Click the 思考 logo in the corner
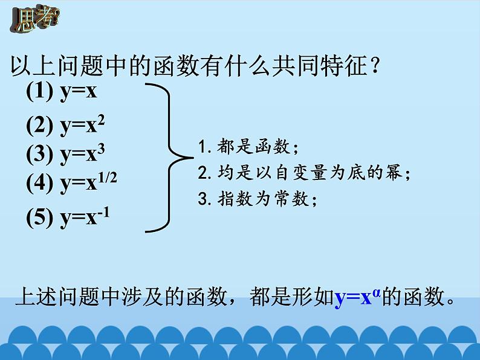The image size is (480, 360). (x=33, y=18)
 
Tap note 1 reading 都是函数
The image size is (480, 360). (x=248, y=147)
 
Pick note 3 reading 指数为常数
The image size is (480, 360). (x=258, y=200)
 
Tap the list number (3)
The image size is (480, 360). (x=41, y=155)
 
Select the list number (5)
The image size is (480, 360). (x=41, y=219)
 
